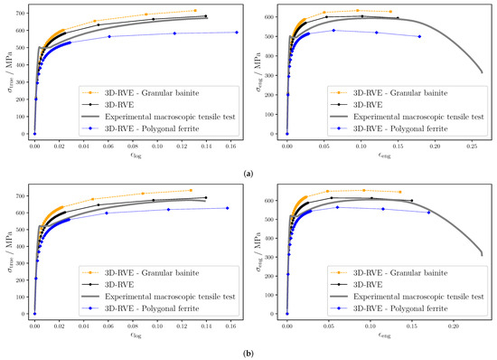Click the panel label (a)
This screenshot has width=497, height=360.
coord(248,172)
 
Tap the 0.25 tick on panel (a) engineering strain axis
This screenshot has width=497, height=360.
coord(472,143)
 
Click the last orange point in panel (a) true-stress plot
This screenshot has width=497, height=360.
coord(195,11)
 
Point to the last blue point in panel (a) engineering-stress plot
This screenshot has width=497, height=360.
coord(419,37)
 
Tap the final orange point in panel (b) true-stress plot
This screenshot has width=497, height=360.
coord(191,190)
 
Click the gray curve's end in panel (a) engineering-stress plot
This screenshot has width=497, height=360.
coord(483,73)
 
